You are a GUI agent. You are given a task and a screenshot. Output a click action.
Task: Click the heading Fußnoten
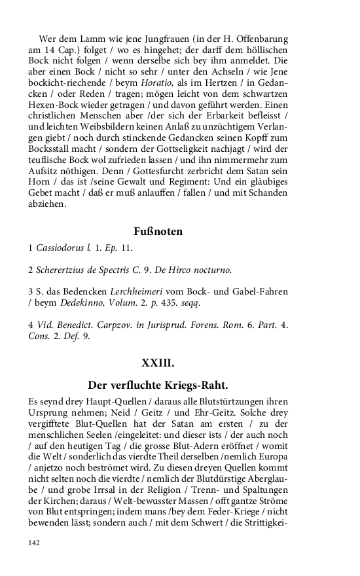[158, 231]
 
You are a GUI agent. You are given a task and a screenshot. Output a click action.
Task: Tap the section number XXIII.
[158, 361]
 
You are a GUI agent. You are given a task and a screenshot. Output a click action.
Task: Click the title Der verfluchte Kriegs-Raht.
[158, 384]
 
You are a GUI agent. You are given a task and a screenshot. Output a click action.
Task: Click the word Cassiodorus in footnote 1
[60, 249]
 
